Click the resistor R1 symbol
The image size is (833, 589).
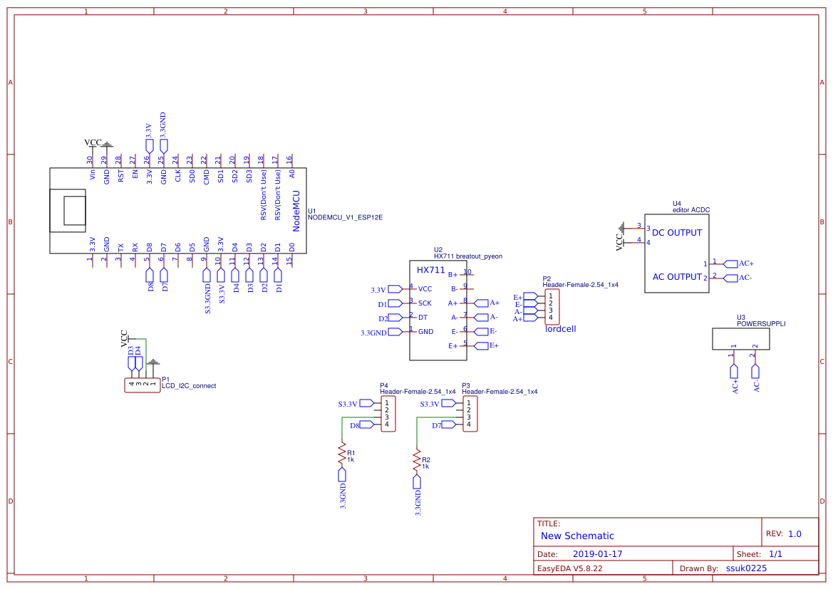(342, 454)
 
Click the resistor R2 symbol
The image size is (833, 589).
(417, 462)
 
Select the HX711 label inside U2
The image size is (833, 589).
(431, 270)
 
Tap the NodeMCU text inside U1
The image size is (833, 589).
(296, 211)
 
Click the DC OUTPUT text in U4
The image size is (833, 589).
(677, 233)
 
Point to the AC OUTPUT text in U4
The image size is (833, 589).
(677, 277)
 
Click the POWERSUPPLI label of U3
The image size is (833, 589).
(761, 323)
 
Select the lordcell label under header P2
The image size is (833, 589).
(561, 329)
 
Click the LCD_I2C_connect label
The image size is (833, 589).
(189, 385)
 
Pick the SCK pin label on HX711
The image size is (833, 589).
(425, 303)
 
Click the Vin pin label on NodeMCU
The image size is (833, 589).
(93, 174)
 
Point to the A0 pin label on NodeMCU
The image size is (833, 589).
(291, 174)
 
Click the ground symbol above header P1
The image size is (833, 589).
(153, 363)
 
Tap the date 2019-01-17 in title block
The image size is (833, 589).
(597, 554)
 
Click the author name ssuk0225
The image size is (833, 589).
(746, 568)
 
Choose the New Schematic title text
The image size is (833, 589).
(577, 536)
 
